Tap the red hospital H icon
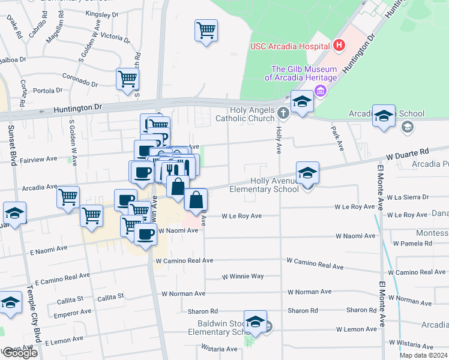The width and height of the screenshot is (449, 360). point(339,45)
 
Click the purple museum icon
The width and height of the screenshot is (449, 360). point(321,91)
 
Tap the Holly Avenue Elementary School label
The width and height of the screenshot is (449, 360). point(264,185)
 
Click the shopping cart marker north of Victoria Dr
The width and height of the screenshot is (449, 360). point(206,29)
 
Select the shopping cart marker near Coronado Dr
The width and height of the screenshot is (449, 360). point(128,79)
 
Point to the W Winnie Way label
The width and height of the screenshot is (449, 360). point(243,277)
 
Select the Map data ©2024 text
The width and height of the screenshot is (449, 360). point(423,355)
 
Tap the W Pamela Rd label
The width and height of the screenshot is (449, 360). point(412,244)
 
